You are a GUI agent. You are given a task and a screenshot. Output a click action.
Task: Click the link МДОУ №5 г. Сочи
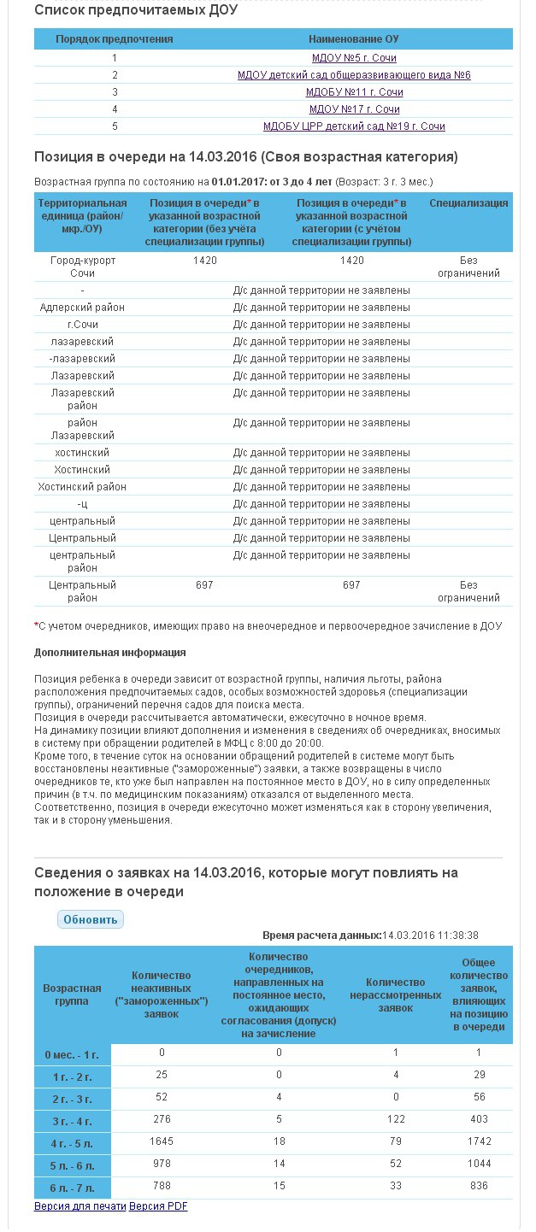(x=354, y=58)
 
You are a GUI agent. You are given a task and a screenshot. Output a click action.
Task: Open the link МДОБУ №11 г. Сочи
(x=354, y=92)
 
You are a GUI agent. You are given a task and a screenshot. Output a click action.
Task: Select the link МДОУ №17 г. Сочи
(x=354, y=109)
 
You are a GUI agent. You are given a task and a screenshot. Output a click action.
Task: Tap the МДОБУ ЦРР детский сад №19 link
(x=354, y=126)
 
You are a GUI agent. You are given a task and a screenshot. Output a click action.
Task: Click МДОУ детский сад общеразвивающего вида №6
(x=354, y=75)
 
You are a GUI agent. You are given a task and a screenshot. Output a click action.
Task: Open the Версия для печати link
(x=80, y=1206)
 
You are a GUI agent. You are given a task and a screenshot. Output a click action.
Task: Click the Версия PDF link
(x=158, y=1206)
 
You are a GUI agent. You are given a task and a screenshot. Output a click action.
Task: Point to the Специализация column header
(x=468, y=203)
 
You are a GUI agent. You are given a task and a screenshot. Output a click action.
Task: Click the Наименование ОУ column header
(x=354, y=39)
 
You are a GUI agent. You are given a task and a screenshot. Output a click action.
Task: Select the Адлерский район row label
(x=82, y=308)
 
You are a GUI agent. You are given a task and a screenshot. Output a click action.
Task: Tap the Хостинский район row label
(x=82, y=487)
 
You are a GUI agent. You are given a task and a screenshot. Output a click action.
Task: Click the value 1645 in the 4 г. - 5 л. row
(x=161, y=1141)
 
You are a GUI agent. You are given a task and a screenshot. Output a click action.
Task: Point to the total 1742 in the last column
(x=479, y=1141)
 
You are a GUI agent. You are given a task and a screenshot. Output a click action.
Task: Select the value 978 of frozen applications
(x=161, y=1164)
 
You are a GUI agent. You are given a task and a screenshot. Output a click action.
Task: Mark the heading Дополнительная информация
(x=110, y=653)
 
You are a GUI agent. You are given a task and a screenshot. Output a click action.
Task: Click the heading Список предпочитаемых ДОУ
(x=136, y=11)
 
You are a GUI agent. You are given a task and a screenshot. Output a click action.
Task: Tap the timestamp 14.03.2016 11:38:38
(x=430, y=936)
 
